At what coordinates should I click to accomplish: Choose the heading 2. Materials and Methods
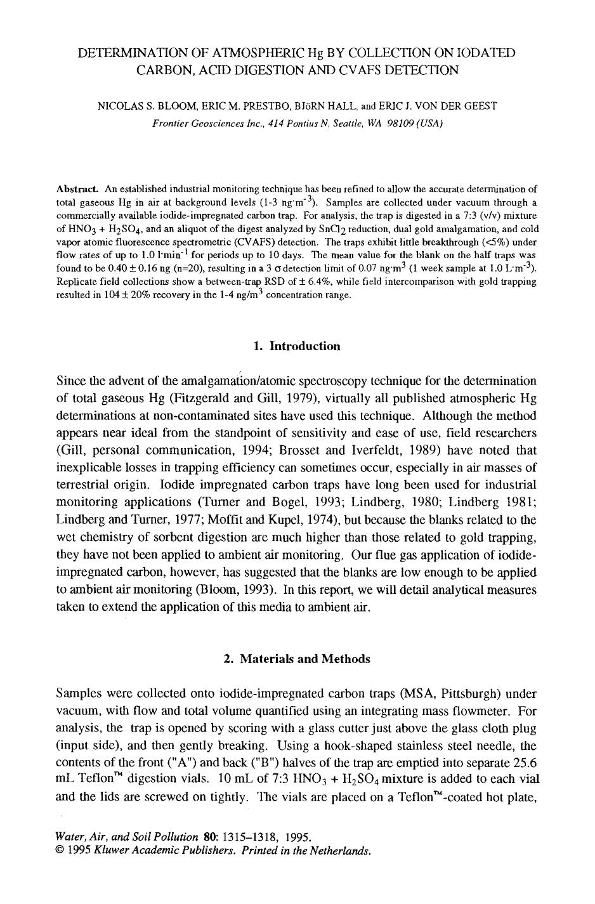pos(296,658)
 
